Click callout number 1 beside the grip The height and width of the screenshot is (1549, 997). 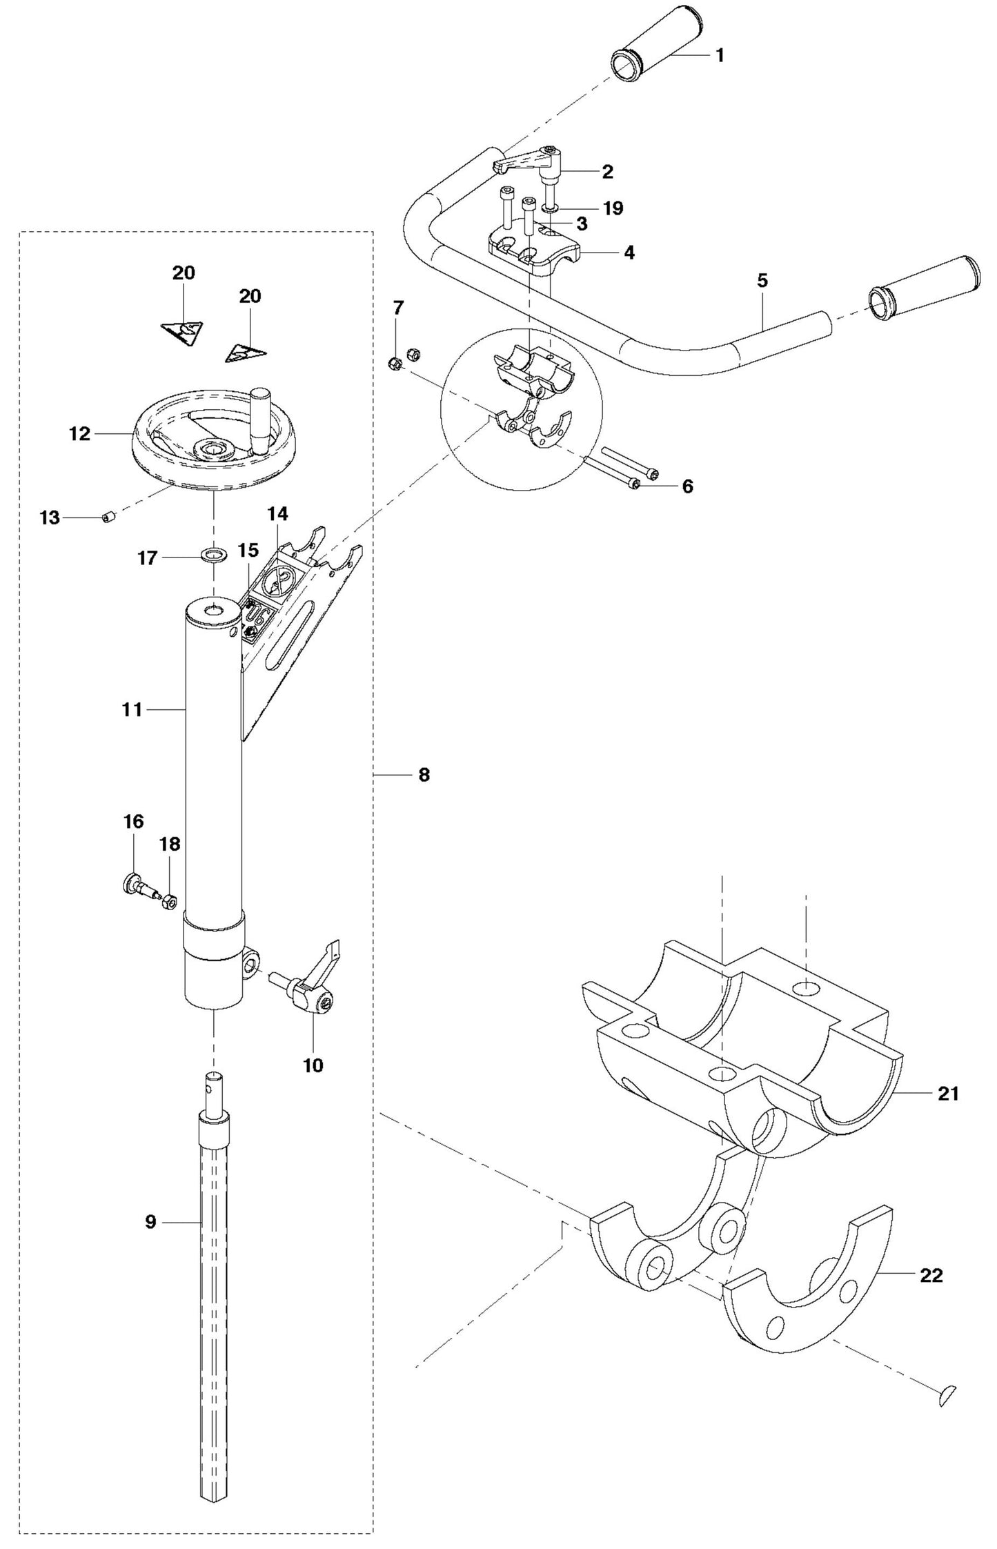point(719,55)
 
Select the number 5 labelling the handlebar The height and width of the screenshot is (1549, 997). point(762,281)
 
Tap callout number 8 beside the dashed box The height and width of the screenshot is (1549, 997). point(424,775)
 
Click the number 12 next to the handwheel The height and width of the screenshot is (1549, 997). point(79,434)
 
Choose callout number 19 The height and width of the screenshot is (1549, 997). point(613,208)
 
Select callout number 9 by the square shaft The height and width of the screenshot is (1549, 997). point(151,1221)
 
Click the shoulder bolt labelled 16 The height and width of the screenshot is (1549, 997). point(139,886)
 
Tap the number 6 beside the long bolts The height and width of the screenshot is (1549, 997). point(687,486)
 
